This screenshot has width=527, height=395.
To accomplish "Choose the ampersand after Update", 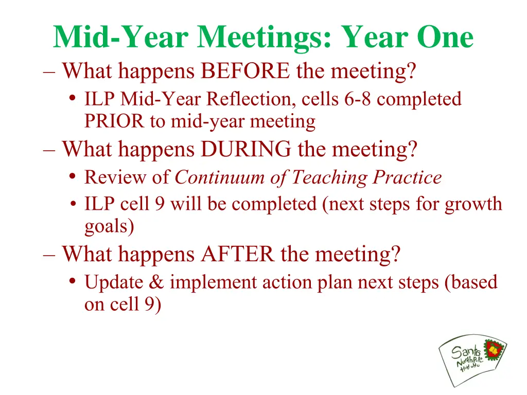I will [x=157, y=282].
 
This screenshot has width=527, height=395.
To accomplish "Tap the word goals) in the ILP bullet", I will [x=109, y=226].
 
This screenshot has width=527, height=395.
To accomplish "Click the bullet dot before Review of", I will [x=73, y=177].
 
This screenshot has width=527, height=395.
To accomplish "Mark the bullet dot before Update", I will [x=73, y=282].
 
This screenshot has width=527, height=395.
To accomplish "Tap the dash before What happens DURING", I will [x=49, y=150].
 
